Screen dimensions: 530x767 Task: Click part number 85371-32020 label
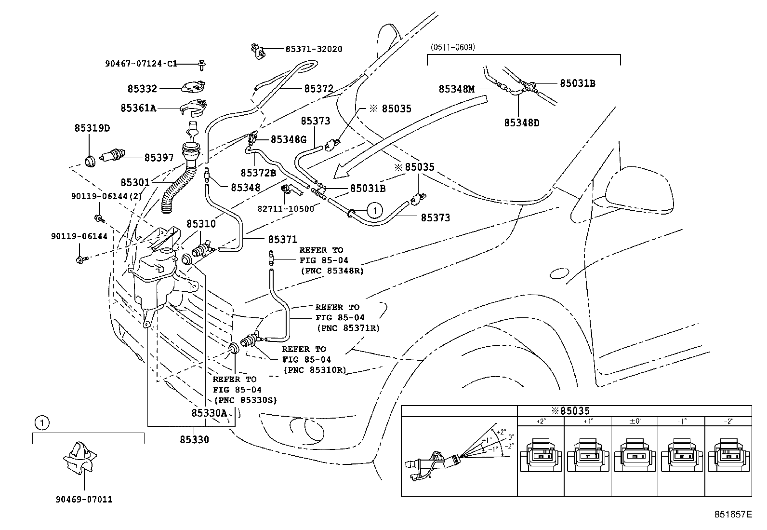(x=314, y=49)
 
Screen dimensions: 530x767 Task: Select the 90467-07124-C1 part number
(x=141, y=64)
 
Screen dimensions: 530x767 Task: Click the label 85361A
(x=138, y=109)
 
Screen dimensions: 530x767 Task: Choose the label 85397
(x=159, y=158)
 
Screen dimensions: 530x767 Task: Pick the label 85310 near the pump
(x=201, y=224)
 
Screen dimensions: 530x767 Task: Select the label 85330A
(x=209, y=413)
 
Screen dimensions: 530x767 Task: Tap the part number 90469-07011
(x=84, y=500)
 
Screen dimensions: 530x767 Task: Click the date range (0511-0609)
(x=452, y=47)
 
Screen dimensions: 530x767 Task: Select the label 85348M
(x=456, y=89)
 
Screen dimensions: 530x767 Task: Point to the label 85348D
(x=521, y=122)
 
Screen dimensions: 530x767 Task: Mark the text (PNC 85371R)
(x=348, y=328)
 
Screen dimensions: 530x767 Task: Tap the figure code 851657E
(x=733, y=514)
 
